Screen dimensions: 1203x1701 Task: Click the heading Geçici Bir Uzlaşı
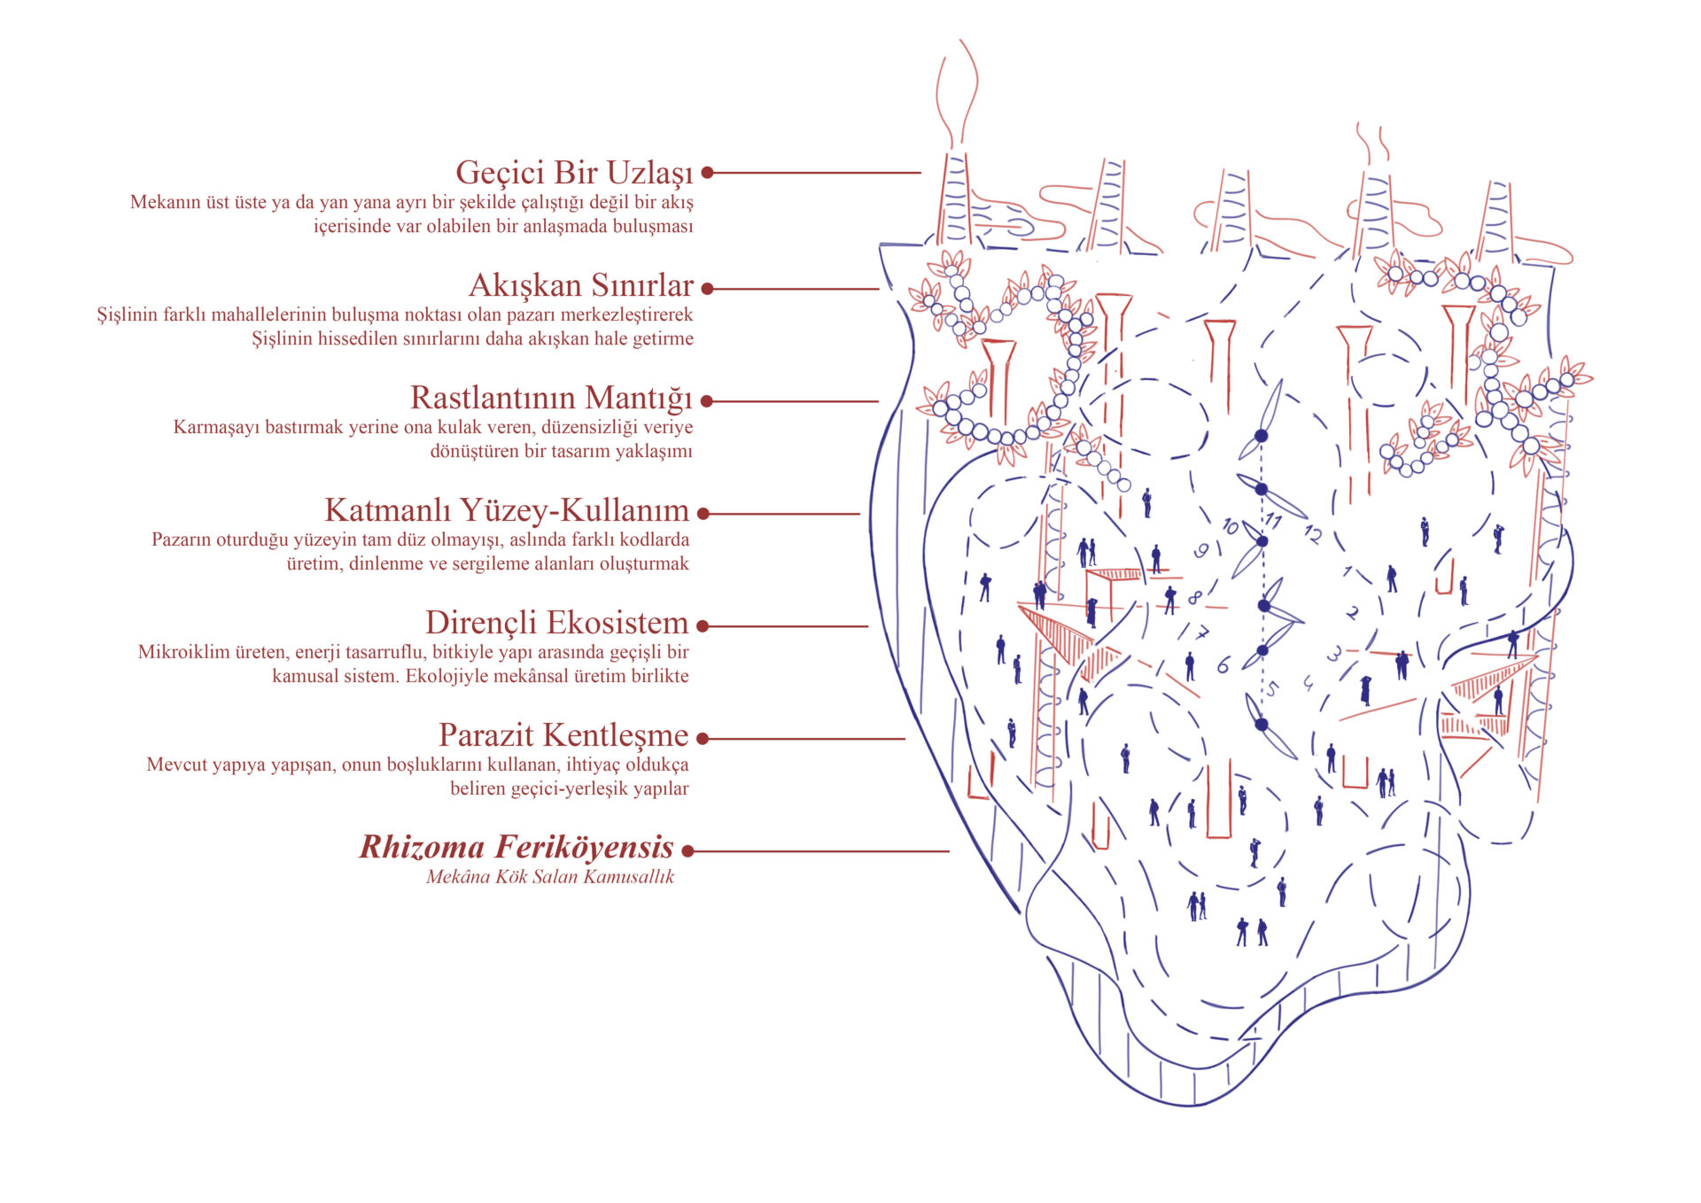(574, 173)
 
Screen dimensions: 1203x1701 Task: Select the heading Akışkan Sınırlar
(580, 285)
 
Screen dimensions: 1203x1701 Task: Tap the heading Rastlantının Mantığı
(550, 398)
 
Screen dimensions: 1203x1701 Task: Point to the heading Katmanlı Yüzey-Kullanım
(506, 510)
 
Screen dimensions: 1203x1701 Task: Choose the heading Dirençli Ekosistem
(556, 623)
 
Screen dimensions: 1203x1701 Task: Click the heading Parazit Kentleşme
(563, 735)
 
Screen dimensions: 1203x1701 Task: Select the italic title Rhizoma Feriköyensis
(517, 847)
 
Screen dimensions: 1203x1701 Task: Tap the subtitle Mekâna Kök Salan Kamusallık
(550, 877)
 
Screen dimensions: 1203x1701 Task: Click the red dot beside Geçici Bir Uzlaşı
(708, 173)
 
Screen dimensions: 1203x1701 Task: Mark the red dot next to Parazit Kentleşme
(703, 738)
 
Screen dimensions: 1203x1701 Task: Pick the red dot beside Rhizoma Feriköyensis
(687, 850)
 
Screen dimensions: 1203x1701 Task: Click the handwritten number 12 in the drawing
(1312, 533)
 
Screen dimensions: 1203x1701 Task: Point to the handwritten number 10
(1230, 526)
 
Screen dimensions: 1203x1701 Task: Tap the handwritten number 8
(1194, 598)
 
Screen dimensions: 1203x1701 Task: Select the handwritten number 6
(1223, 665)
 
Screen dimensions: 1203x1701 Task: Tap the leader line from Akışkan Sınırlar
(797, 289)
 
